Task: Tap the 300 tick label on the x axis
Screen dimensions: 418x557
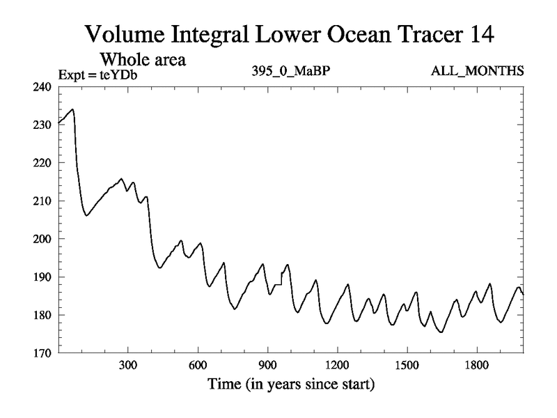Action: click(x=128, y=364)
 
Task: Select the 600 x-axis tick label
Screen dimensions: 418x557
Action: click(x=198, y=364)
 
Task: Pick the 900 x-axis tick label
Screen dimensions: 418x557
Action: click(x=267, y=364)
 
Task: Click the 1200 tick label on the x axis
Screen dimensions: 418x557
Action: click(x=337, y=364)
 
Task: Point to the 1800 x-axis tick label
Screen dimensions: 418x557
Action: click(x=476, y=364)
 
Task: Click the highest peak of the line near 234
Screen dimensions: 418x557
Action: click(x=72, y=109)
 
